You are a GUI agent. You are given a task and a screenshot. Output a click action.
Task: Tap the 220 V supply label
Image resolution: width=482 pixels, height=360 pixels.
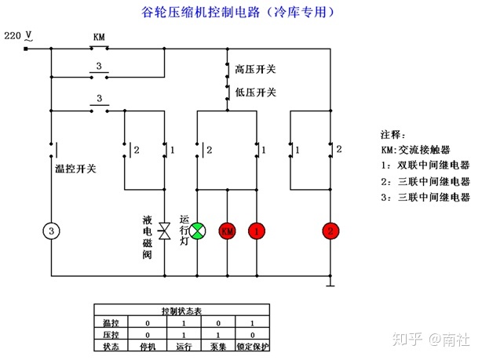coord(18,36)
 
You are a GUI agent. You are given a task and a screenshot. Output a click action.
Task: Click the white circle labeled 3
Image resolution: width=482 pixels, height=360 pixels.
coord(51,231)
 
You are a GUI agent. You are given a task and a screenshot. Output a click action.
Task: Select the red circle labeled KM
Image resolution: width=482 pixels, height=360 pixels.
coord(227,231)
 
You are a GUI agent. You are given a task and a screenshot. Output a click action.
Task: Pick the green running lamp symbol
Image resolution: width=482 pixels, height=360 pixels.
coord(197,231)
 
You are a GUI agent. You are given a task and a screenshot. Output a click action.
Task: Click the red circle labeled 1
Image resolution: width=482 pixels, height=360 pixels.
coord(256,231)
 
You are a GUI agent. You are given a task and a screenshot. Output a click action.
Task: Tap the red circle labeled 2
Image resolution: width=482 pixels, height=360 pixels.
coord(331,231)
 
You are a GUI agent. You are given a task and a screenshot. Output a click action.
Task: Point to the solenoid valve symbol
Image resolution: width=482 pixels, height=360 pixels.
coord(165,231)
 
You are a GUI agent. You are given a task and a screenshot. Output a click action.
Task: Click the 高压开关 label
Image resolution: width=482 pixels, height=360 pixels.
coord(255,70)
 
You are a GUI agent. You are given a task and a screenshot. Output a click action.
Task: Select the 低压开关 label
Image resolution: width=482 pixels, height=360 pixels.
coord(255,93)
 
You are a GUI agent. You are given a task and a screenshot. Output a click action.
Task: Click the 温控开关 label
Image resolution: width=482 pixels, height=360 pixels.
coord(74,167)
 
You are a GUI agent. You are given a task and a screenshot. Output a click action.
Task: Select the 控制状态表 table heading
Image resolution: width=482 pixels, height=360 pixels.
coord(181,311)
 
